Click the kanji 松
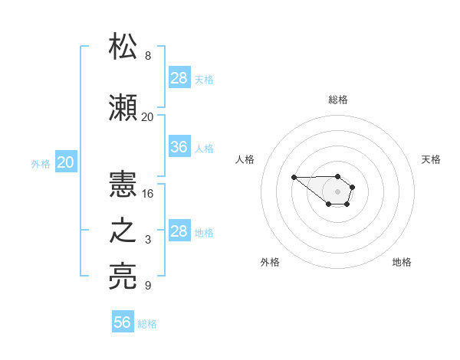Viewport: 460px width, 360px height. pos(123,46)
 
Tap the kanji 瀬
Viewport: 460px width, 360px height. pos(123,107)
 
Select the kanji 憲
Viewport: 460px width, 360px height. pos(123,184)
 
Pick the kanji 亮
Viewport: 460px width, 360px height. pos(123,276)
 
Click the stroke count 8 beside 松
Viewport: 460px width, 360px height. pos(148,55)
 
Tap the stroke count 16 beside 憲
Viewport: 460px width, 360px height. pos(147,194)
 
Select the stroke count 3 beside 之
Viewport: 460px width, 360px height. pos(148,240)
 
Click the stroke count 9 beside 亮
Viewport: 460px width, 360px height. pos(148,285)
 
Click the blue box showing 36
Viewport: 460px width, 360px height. pos(179,146)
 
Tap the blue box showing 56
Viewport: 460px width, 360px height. pos(123,321)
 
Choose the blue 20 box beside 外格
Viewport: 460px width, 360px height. pos(66,162)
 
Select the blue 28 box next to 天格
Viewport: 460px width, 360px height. pos(179,77)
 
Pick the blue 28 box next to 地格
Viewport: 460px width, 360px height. pos(179,230)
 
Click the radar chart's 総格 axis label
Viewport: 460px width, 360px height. pos(338,100)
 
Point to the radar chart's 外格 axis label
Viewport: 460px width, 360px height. pos(270,262)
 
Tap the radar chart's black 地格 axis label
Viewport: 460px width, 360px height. pos(402,262)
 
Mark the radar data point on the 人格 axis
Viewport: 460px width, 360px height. pos(294,177)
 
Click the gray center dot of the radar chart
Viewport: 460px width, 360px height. pos(337,191)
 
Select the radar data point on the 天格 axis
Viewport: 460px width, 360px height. pos(353,187)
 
